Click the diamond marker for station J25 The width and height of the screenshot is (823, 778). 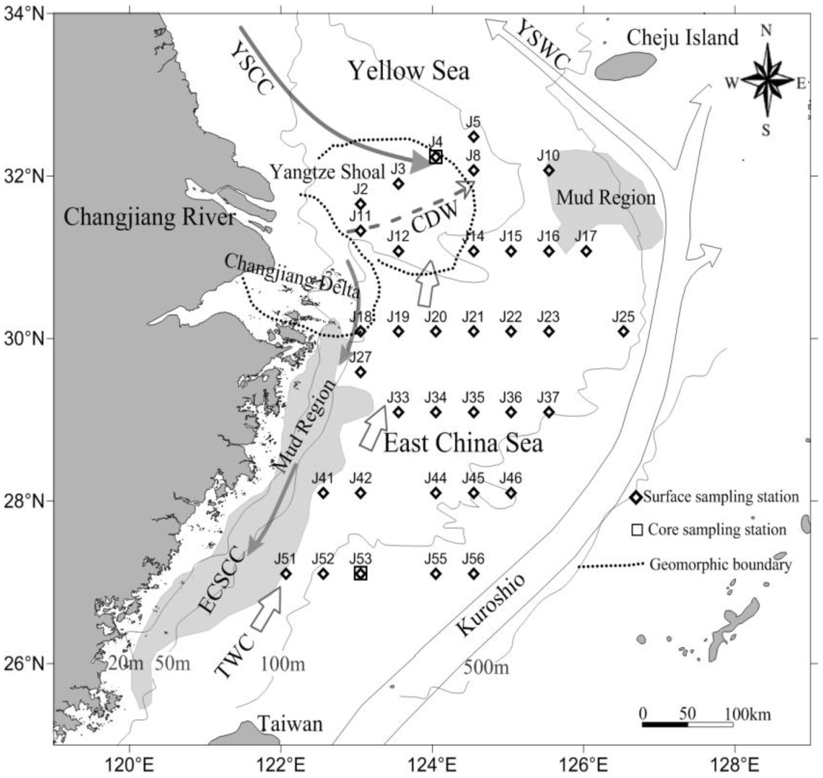623,331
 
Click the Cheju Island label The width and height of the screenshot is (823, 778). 682,38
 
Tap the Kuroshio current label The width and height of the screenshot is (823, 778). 491,605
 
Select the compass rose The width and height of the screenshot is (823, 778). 767,81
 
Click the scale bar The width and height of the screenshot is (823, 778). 688,724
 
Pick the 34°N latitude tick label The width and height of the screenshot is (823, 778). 26,14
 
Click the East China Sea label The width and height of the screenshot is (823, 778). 463,443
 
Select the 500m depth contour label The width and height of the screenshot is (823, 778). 486,667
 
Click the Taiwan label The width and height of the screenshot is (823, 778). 290,724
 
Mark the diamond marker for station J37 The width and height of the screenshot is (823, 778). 549,412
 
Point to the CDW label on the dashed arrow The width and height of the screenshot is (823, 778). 435,218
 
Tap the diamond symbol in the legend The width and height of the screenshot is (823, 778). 636,497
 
